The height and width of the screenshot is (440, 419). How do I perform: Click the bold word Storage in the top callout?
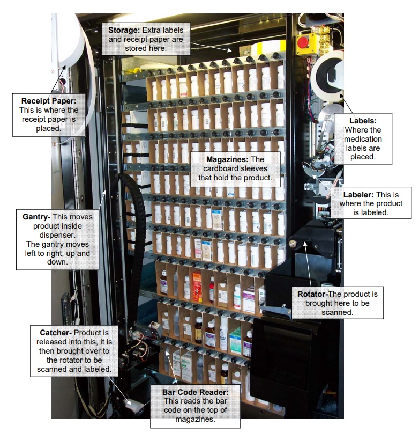pos(123,30)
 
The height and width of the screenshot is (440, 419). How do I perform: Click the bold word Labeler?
pos(357,195)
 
